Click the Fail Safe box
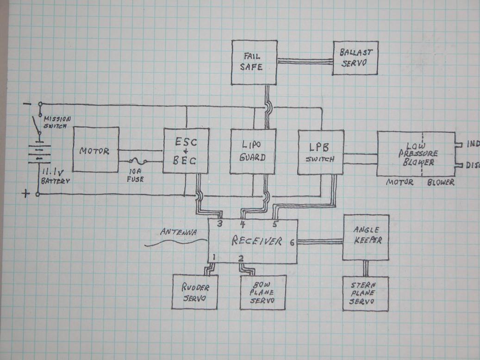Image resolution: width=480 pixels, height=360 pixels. pyautogui.click(x=254, y=62)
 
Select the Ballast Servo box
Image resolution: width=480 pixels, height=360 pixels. pyautogui.click(x=355, y=58)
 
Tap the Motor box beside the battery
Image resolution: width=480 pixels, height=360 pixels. pyautogui.click(x=95, y=150)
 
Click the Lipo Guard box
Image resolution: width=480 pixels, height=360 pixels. pyautogui.click(x=253, y=151)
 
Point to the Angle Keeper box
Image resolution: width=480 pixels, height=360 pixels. pyautogui.click(x=366, y=237)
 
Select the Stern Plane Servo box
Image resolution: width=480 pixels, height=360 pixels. pyautogui.click(x=365, y=294)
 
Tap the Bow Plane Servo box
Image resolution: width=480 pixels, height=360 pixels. pyautogui.click(x=263, y=292)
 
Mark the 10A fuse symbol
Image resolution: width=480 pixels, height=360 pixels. pyautogui.click(x=138, y=161)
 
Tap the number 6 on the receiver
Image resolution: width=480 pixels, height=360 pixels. pyautogui.click(x=292, y=241)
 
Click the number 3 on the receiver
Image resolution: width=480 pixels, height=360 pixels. pyautogui.click(x=220, y=224)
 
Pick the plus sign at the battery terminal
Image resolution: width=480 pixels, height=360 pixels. pyautogui.click(x=25, y=193)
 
